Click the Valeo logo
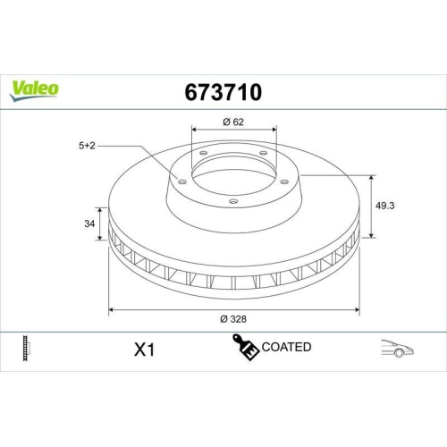(x=36, y=88)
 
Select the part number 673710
(x=223, y=91)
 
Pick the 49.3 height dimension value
(x=386, y=205)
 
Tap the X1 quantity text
(x=143, y=349)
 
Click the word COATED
(x=286, y=347)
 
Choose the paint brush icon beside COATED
(x=246, y=347)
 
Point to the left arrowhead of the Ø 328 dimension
(x=112, y=309)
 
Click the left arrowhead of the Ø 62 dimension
(x=194, y=131)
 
